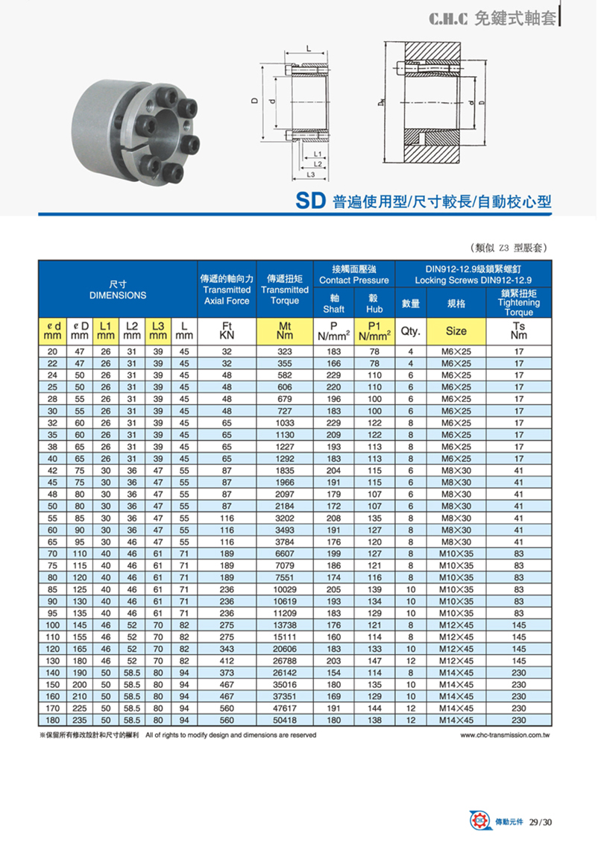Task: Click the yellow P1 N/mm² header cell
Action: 374,330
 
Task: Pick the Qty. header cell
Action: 411,330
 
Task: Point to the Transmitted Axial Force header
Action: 227,295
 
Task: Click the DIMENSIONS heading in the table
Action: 118,295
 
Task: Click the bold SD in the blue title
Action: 310,201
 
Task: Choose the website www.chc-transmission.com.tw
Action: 506,735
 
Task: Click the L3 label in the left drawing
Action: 312,175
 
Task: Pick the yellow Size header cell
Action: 456,330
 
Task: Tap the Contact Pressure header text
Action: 354,281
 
